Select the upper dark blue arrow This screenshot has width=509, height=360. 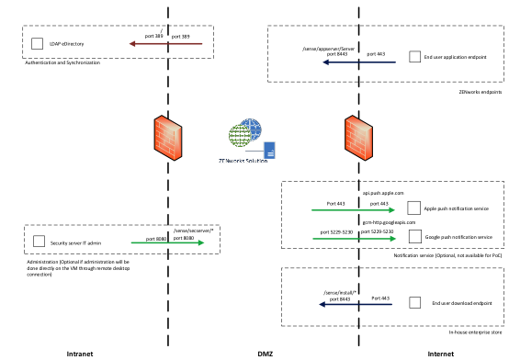(x=358, y=62)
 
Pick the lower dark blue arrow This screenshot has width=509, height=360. (x=356, y=304)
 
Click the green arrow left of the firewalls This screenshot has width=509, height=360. (x=167, y=242)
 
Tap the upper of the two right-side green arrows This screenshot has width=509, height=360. (x=354, y=210)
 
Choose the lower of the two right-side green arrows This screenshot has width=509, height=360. (x=355, y=239)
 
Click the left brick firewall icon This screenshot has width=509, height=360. (x=167, y=138)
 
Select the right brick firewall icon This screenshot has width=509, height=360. (x=358, y=138)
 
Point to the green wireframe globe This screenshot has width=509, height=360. (x=240, y=136)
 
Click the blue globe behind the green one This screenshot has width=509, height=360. (x=252, y=128)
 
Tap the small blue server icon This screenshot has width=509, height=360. (x=269, y=150)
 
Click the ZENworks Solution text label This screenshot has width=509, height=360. (x=243, y=162)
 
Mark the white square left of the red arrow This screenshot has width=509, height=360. (x=37, y=43)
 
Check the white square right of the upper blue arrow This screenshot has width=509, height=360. (x=414, y=57)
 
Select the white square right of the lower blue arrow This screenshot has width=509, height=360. (x=414, y=302)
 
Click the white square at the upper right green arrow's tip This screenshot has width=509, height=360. (x=413, y=208)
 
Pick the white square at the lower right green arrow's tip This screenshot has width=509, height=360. (x=414, y=236)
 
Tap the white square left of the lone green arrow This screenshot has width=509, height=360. (x=39, y=241)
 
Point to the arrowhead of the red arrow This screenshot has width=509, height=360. (x=132, y=43)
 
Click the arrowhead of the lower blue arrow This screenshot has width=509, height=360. (x=322, y=304)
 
